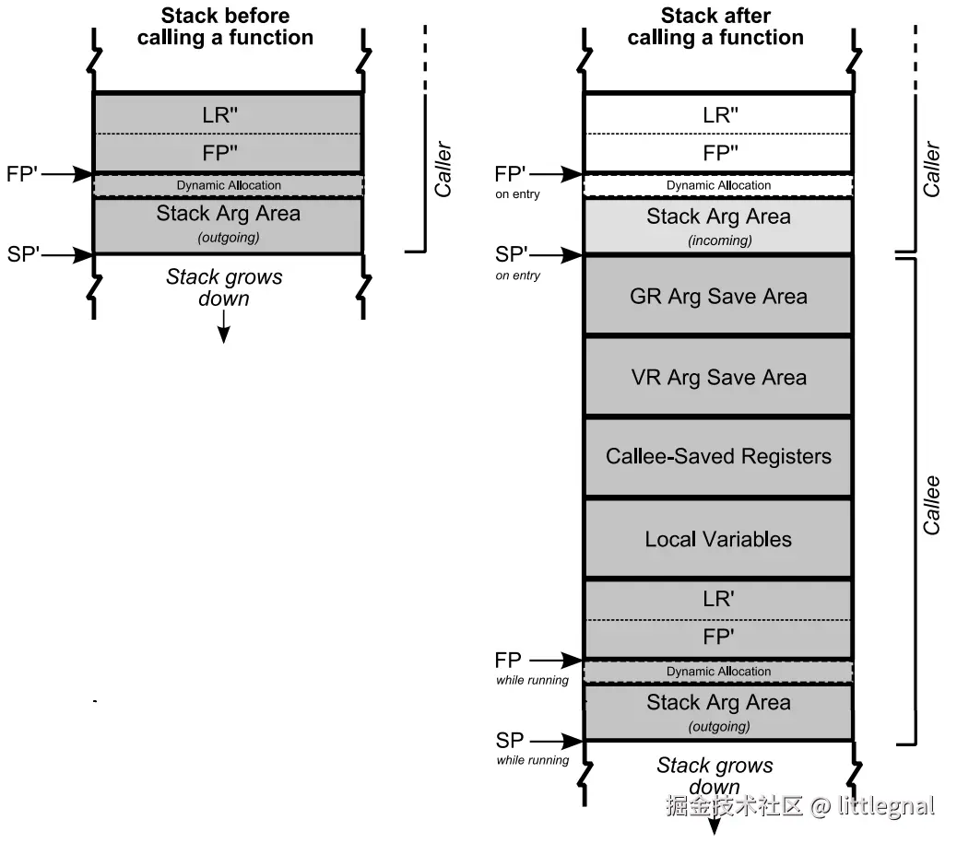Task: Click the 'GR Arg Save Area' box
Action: coord(718,297)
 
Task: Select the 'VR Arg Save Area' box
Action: coord(718,378)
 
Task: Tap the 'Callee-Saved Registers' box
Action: coord(718,457)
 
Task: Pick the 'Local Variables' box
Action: coord(718,540)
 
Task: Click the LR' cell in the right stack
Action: coord(718,599)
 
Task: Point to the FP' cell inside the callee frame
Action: coord(718,638)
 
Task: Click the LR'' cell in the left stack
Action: coord(227,114)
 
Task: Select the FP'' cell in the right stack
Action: coord(718,153)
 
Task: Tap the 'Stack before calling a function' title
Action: coord(225,27)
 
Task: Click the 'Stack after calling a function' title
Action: coord(715,27)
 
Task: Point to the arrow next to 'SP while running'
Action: coord(557,741)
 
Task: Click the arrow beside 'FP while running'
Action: coord(557,661)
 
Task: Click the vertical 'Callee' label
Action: coord(932,505)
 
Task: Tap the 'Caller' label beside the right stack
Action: coord(932,169)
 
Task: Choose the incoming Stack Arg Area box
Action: coord(718,226)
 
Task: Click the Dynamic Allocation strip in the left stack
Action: coord(229,185)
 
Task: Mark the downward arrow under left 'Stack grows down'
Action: coord(223,327)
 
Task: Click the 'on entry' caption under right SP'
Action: coord(518,275)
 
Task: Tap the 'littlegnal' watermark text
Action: coord(886,807)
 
